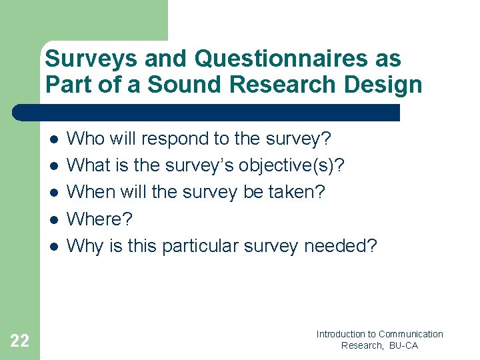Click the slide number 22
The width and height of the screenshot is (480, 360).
click(20, 341)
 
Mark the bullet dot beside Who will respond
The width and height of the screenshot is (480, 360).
click(53, 139)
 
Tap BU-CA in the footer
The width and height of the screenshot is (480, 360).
click(403, 345)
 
